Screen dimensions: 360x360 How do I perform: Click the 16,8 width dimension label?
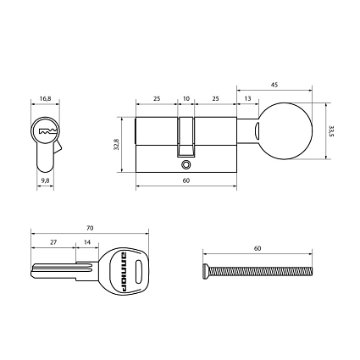pos(45,98)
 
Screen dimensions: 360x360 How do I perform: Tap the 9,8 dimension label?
pos(45,180)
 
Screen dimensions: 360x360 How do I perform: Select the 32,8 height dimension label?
pos(116,144)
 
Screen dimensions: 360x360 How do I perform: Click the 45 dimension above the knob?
pos(274,85)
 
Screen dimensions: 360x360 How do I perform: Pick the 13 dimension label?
pos(247,98)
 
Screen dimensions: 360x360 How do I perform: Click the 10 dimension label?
pos(186,98)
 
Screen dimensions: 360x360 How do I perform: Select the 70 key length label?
pos(90,228)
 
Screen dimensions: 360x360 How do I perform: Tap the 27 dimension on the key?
pos(53,242)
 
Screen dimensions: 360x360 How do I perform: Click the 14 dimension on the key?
pos(87,242)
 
